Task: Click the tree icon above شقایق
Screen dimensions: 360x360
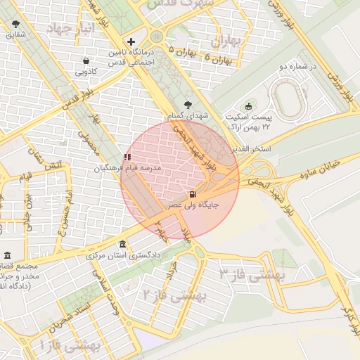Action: pos(15,23)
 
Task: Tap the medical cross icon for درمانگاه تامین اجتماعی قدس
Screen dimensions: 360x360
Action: pos(131,41)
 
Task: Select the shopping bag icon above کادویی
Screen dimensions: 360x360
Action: pos(86,61)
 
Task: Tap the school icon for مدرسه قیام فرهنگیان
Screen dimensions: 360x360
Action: pos(127,157)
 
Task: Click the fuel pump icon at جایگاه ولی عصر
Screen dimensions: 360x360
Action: pos(192,194)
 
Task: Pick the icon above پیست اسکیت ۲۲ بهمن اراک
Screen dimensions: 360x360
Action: pos(248,106)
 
